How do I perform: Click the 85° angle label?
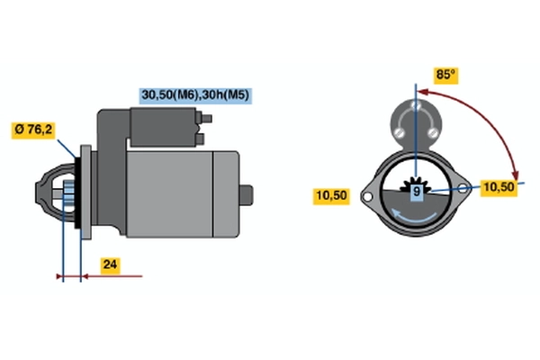[445, 75]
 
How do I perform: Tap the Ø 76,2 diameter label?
[33, 130]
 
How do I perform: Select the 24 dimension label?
[110, 265]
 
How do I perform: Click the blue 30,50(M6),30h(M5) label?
[195, 95]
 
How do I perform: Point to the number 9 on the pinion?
[417, 191]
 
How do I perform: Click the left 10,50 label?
[331, 196]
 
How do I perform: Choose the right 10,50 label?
[499, 187]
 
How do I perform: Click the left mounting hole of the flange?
[367, 197]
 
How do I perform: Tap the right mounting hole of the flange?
[463, 188]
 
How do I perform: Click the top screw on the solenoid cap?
[416, 104]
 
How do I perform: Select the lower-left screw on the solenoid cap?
[399, 132]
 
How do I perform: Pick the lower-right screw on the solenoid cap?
[433, 132]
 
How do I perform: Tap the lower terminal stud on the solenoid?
[200, 139]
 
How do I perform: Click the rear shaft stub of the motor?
[246, 195]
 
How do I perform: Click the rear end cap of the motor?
[226, 194]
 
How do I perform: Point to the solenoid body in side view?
[163, 127]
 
